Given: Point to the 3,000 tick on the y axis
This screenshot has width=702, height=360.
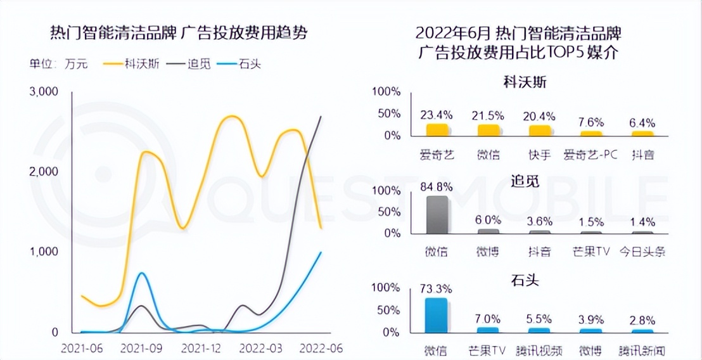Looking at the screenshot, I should point(44,92).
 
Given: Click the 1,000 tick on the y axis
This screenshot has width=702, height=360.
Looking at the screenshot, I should point(44,252).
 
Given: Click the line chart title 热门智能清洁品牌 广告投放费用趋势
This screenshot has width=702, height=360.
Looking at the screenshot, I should point(178,33).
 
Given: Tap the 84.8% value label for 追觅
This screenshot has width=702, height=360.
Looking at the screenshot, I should point(437,187).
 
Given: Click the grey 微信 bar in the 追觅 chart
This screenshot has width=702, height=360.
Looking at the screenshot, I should point(437,214).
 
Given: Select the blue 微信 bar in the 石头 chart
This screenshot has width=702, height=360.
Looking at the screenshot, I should point(437,315).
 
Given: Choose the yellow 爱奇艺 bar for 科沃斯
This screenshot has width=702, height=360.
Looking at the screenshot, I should point(437,130).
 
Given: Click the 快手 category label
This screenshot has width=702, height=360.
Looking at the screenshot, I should point(539,154).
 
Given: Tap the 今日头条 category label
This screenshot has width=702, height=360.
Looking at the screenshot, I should point(642,252).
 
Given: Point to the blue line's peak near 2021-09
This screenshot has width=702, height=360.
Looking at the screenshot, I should point(143,273).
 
